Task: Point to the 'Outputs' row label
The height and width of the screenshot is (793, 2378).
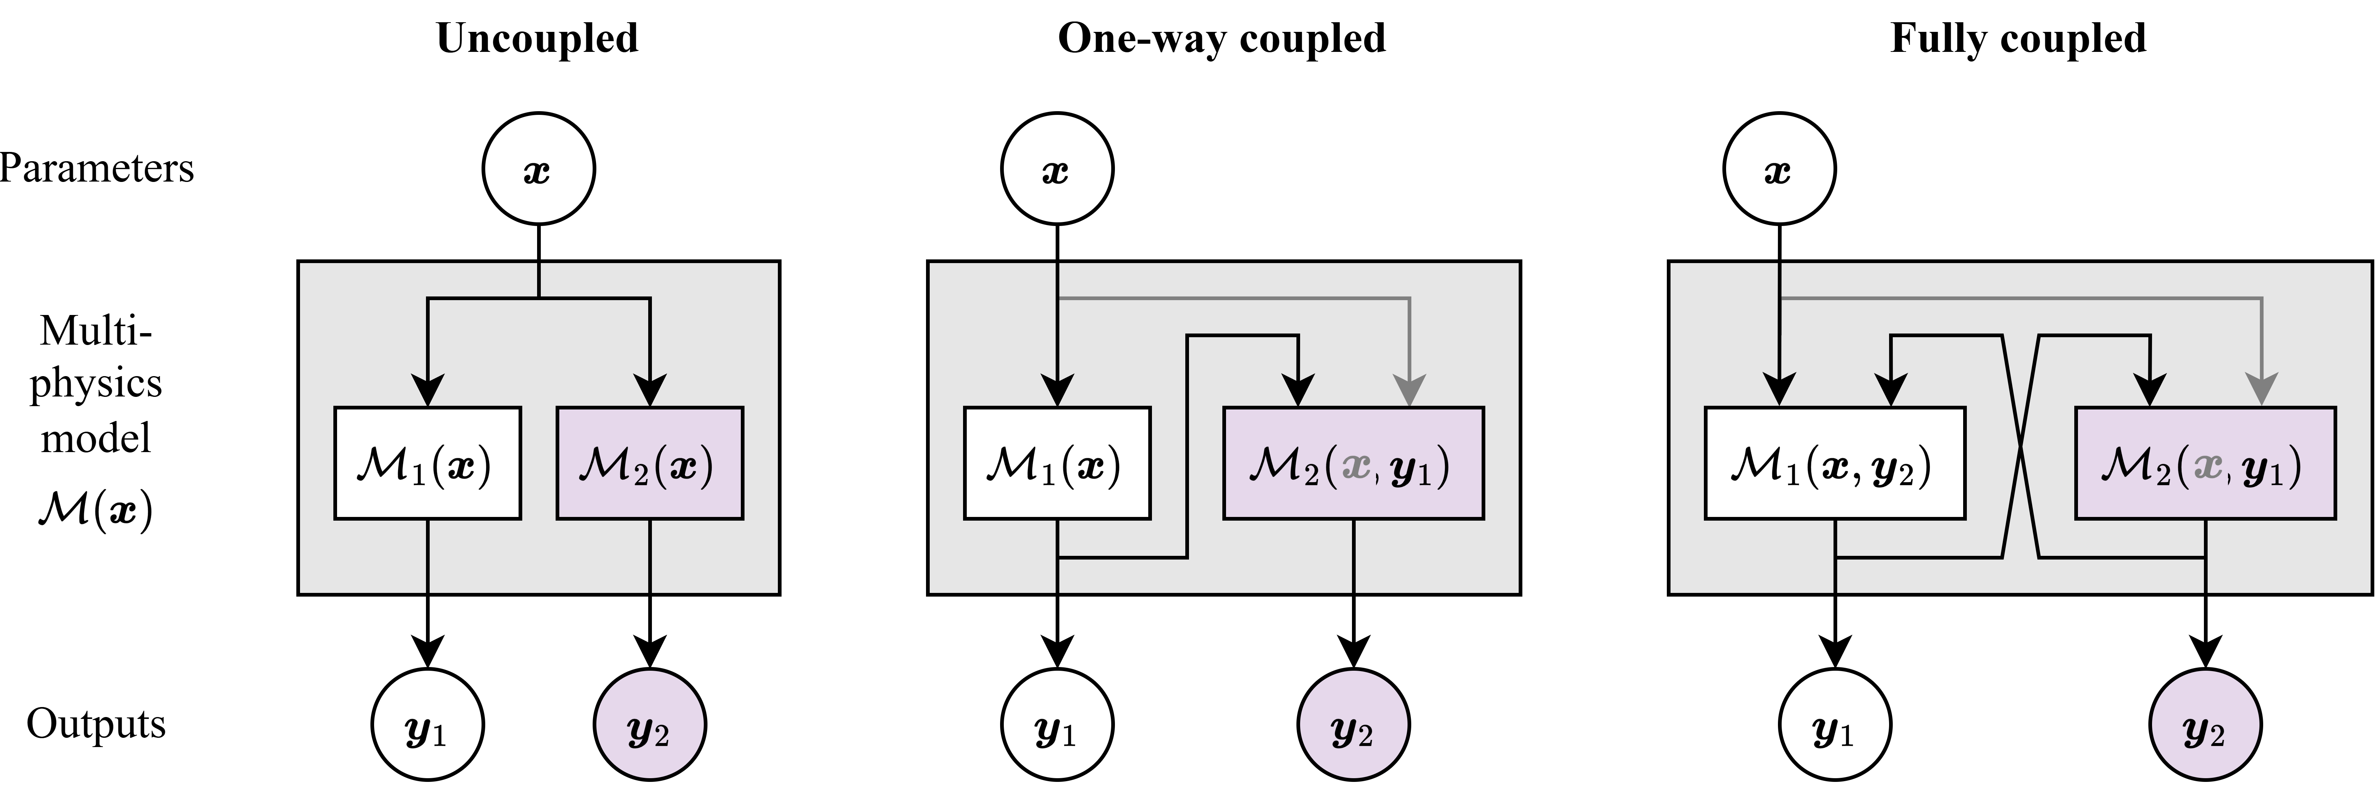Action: click(96, 724)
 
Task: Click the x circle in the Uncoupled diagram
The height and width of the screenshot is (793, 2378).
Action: click(538, 169)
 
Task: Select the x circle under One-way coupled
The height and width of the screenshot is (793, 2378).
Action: click(1057, 169)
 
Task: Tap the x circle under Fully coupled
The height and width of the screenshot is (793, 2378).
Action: click(1779, 169)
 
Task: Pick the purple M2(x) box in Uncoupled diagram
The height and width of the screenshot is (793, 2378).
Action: click(650, 464)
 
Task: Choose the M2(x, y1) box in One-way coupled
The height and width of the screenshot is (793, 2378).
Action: click(1352, 464)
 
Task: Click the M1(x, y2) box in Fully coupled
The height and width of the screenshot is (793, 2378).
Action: click(1834, 464)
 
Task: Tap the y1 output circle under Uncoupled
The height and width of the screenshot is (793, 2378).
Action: click(427, 725)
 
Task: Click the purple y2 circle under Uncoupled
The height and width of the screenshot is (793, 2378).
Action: click(650, 725)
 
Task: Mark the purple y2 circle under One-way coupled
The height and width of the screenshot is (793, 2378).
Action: click(1353, 725)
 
